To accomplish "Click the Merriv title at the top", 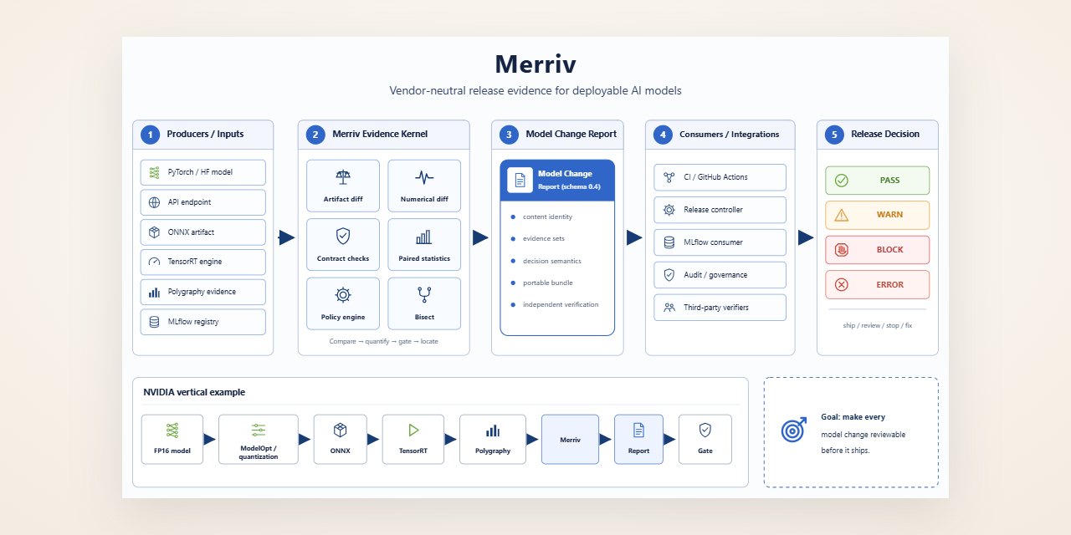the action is click(x=535, y=64).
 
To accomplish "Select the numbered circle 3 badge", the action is click(x=509, y=135).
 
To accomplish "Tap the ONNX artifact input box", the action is click(x=202, y=232).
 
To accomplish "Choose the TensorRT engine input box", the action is click(x=202, y=262).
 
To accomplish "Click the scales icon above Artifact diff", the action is click(x=343, y=177).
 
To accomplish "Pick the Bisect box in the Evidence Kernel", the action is click(x=424, y=303).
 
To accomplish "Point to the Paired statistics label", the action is click(x=424, y=258).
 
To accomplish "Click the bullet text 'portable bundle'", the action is click(x=547, y=283).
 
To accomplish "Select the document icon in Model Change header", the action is click(x=520, y=180).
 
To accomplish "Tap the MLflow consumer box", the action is click(x=720, y=242).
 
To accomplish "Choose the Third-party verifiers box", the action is click(x=720, y=307).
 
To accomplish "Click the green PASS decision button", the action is click(x=878, y=180).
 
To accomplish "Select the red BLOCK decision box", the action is click(x=878, y=249).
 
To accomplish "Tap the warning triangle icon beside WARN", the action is click(x=842, y=215).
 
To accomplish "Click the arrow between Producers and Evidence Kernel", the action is click(x=286, y=237).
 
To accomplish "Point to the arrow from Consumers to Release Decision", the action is click(x=806, y=237).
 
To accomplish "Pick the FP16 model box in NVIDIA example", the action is click(x=172, y=439).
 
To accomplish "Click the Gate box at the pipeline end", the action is click(x=705, y=439).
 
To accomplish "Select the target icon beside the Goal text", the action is click(x=794, y=430).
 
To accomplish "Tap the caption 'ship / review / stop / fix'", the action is click(x=878, y=325).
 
